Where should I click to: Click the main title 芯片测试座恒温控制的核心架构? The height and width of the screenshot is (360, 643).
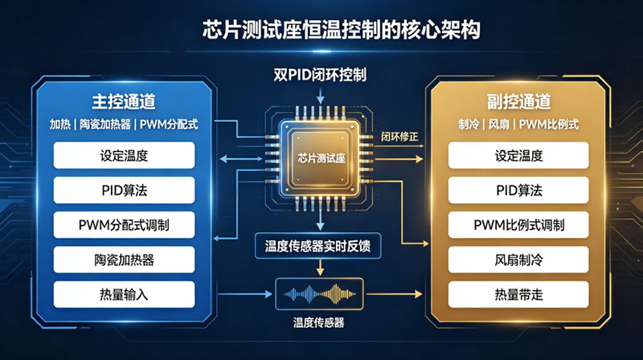pos(341,30)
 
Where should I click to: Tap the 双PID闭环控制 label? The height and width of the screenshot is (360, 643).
pos(320,75)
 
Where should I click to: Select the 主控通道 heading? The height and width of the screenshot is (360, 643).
pos(124,102)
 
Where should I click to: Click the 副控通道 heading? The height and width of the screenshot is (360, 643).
pos(518,102)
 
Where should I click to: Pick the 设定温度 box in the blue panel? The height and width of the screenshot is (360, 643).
pos(125,155)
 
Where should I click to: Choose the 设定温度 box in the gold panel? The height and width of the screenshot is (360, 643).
pos(518,155)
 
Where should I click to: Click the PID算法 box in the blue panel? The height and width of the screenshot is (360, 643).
pos(125,190)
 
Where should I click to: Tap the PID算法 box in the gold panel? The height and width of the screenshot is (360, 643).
pos(518,190)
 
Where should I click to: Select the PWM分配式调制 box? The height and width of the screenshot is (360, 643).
pos(125,225)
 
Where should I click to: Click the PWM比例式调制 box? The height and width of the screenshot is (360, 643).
pos(518,225)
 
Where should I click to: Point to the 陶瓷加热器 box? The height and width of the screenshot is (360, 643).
pos(125,260)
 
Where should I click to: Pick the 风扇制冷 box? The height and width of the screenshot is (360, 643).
pos(518,260)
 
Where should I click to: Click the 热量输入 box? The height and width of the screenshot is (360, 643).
pos(125,294)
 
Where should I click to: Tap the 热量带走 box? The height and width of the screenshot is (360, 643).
pos(518,294)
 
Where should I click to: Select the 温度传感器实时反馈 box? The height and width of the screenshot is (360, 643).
pos(318,246)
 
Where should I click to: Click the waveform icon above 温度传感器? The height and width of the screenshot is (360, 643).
pos(319,294)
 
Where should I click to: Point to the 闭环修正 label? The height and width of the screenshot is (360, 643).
pos(399,137)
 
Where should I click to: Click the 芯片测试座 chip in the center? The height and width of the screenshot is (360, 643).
pos(321,157)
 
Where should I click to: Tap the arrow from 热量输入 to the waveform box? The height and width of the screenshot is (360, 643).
pos(245,294)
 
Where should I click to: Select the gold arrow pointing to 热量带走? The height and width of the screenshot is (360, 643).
pos(394,294)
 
